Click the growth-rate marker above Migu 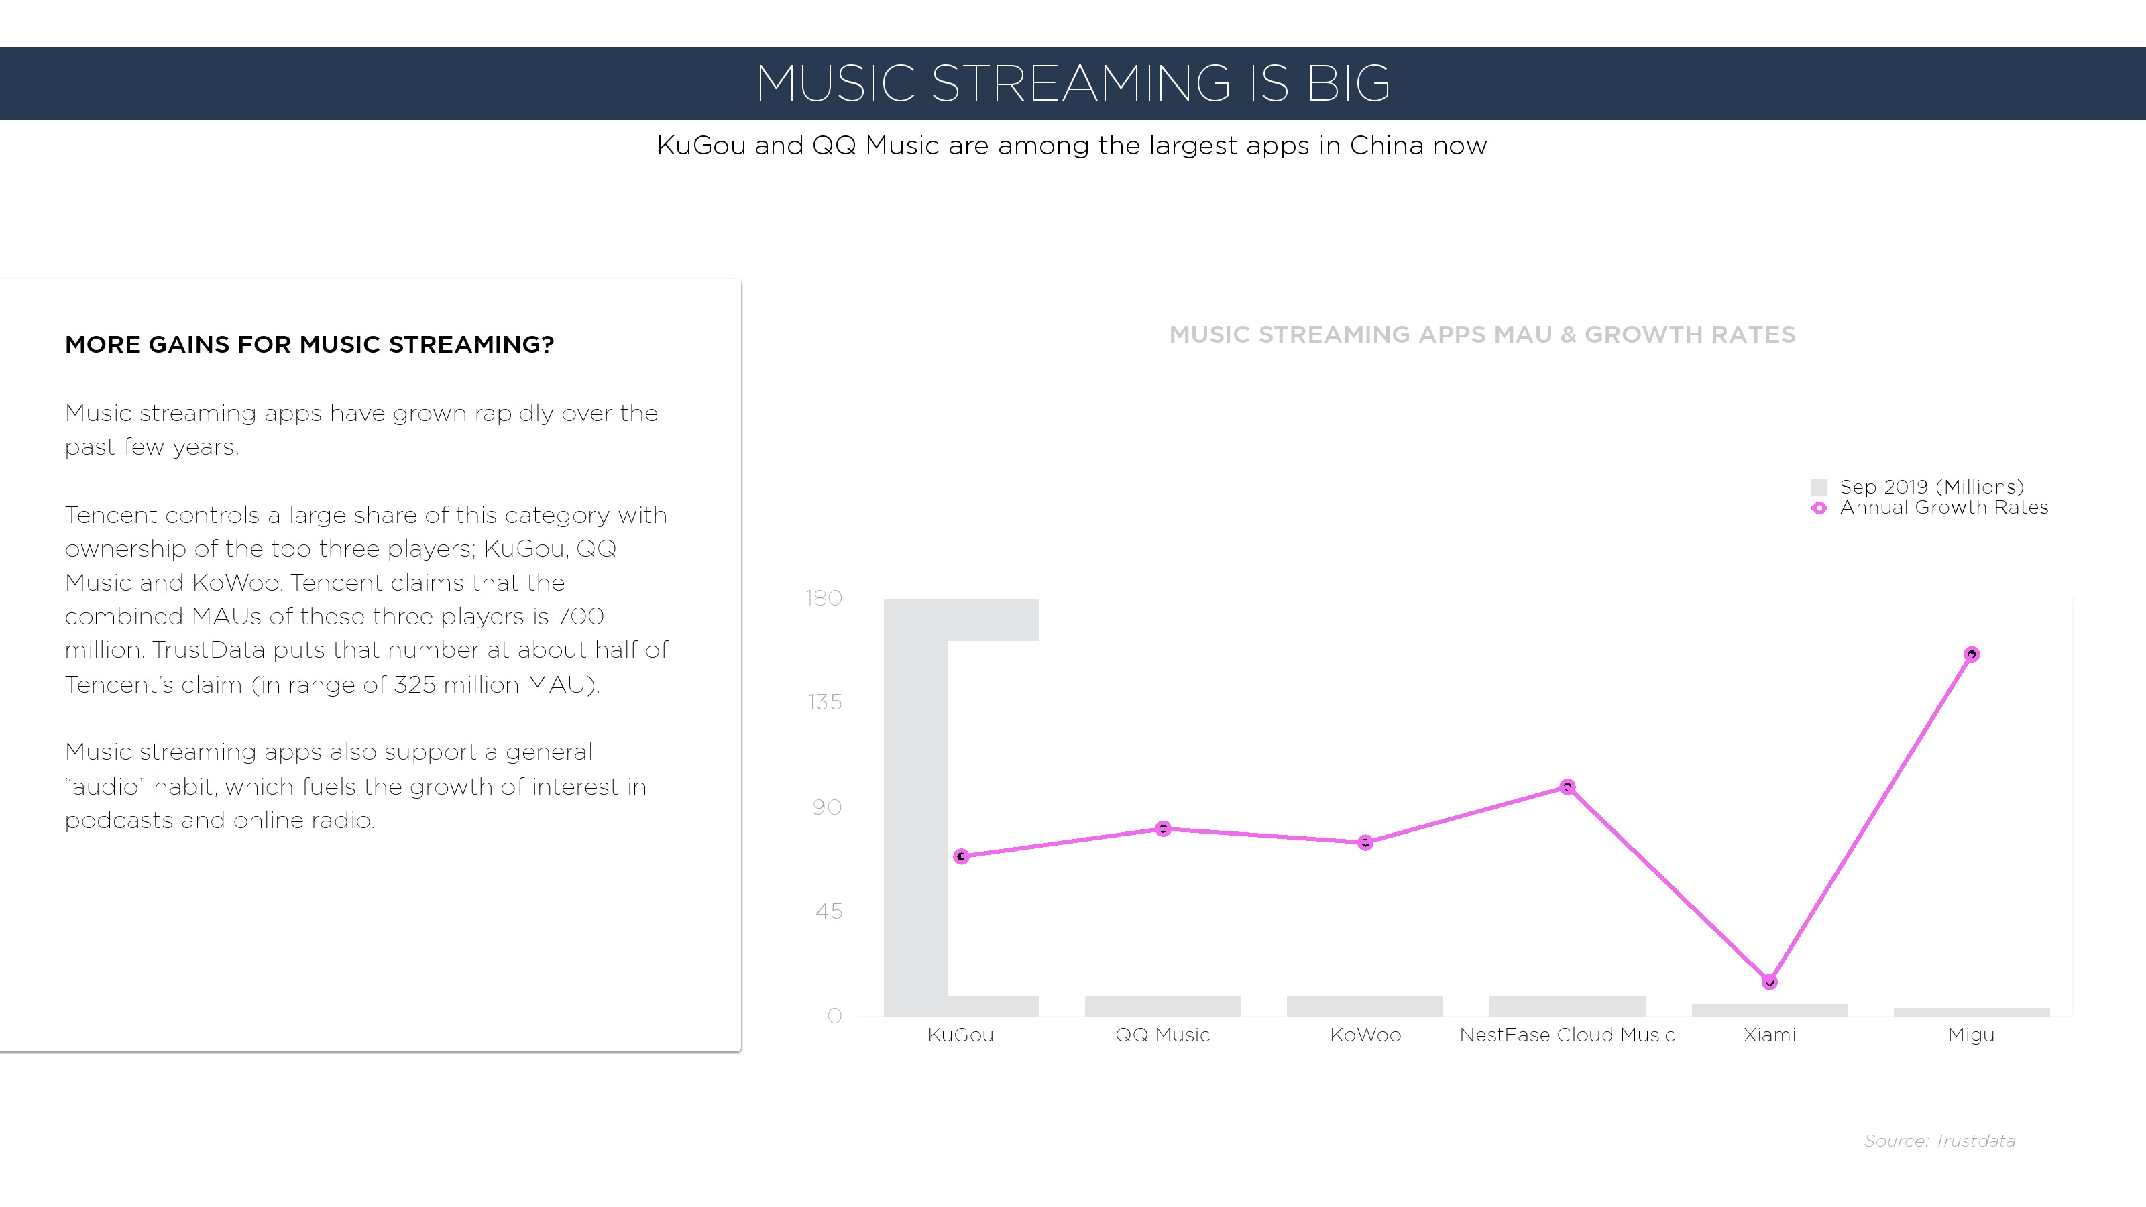[x=1971, y=654]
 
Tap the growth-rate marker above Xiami [x=1770, y=982]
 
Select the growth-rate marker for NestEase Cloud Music [x=1567, y=787]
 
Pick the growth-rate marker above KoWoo [x=1365, y=843]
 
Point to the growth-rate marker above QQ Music [x=1163, y=829]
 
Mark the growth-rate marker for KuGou [x=962, y=856]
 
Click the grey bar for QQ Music [x=1162, y=1007]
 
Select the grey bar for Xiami [x=1770, y=1011]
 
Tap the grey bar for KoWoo [x=1365, y=1007]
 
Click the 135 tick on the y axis [x=825, y=702]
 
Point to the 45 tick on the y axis [x=829, y=911]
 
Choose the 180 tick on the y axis [x=824, y=598]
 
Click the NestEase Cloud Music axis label [x=1567, y=1035]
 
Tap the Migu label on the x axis [x=1971, y=1035]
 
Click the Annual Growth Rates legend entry [x=1929, y=508]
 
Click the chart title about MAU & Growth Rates [x=1482, y=335]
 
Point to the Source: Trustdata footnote [x=1939, y=1141]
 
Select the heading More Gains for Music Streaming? [x=310, y=345]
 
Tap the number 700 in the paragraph [x=581, y=616]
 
